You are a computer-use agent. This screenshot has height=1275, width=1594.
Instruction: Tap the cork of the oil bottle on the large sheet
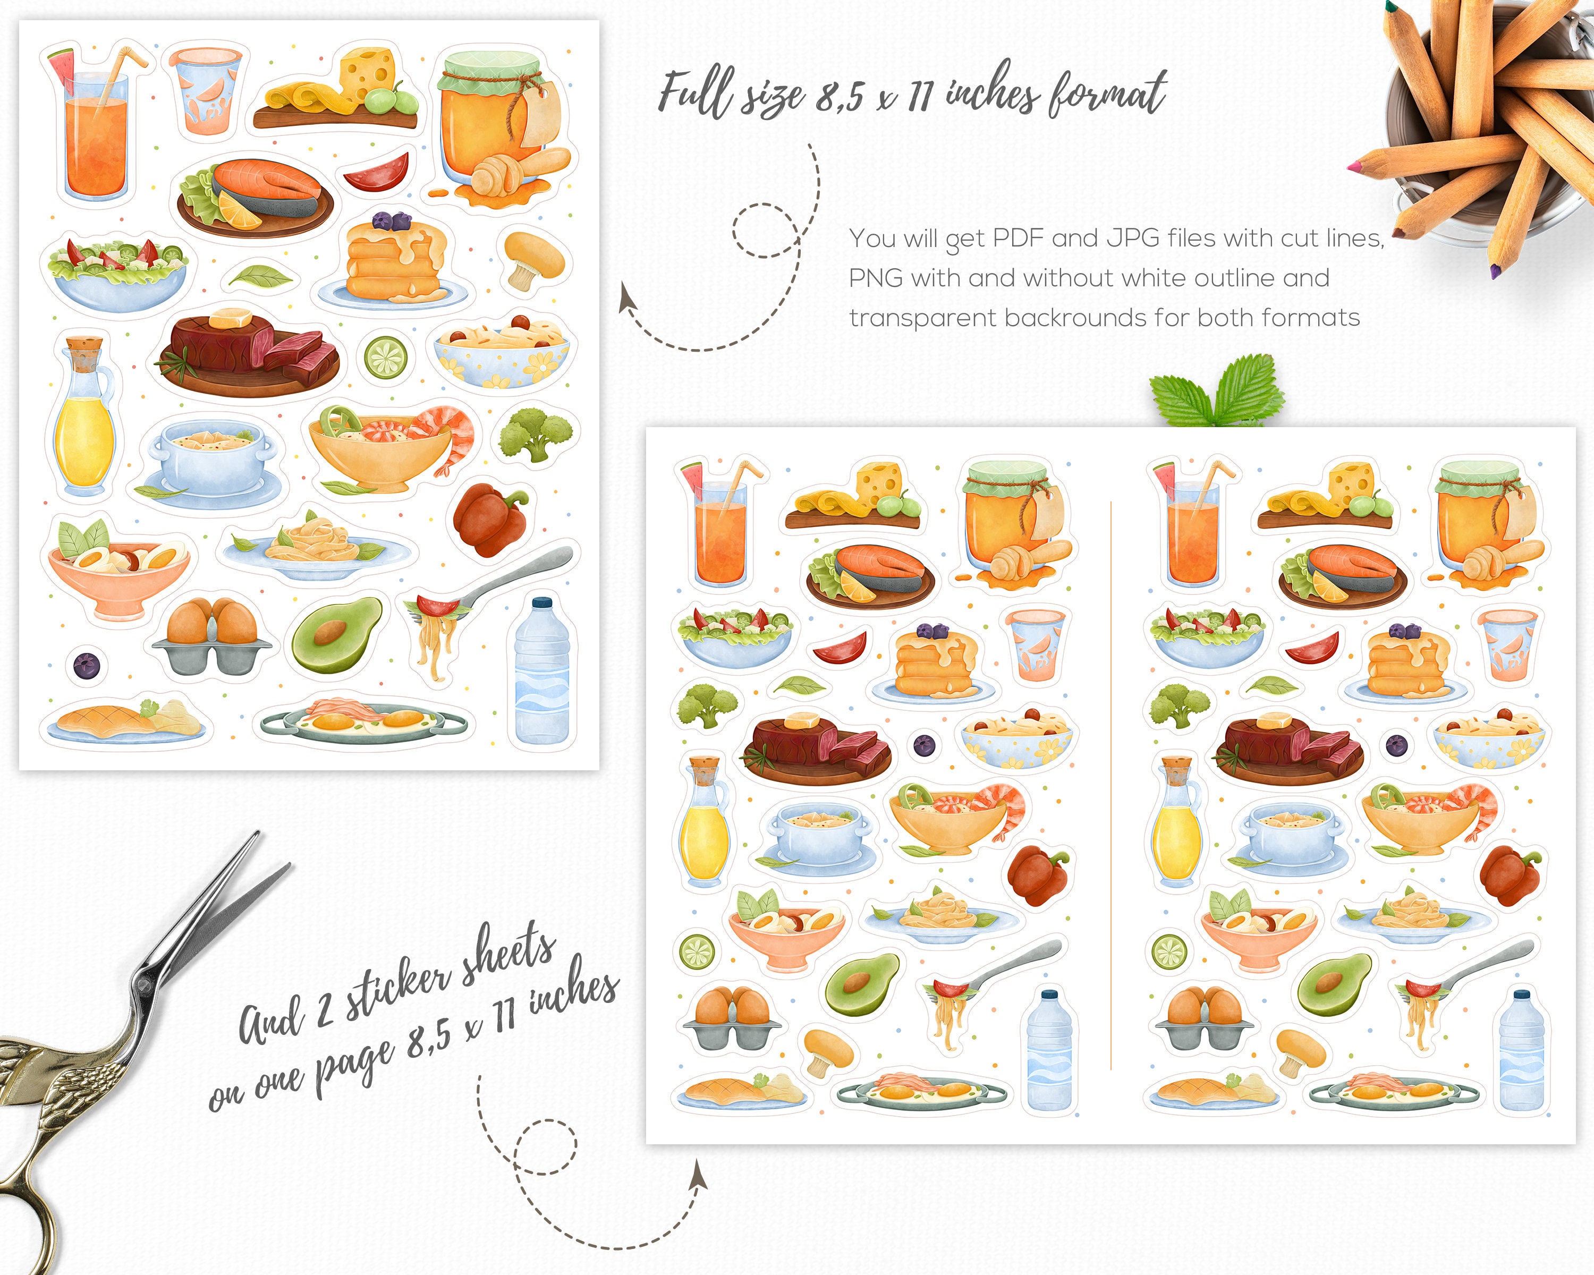[83, 345]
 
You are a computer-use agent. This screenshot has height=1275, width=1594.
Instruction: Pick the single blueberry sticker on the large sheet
[86, 665]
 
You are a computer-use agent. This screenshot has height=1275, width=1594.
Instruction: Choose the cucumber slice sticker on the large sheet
[385, 356]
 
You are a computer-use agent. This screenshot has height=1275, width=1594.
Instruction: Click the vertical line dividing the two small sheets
[1111, 784]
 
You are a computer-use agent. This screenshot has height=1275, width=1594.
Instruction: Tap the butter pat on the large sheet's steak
[230, 319]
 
